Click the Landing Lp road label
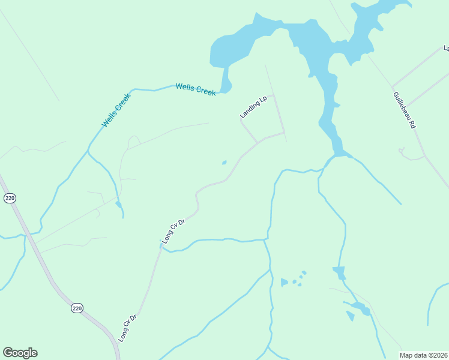253,107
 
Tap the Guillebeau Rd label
405,110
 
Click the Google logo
20,353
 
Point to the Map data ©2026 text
424,355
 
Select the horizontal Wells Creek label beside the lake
196,89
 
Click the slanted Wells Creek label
116,110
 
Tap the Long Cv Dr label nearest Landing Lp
173,231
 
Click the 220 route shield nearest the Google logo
77,308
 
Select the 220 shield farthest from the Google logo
9,198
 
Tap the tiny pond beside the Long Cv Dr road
224,162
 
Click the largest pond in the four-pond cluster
284,282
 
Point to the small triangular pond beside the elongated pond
350,316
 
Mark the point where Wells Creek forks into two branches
89,150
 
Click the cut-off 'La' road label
445,47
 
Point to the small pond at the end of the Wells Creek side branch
119,205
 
